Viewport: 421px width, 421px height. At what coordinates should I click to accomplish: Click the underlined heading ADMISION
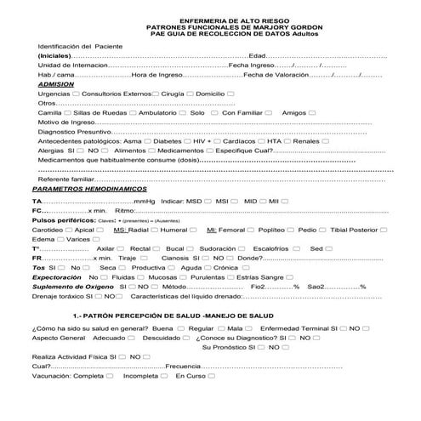[x=57, y=83]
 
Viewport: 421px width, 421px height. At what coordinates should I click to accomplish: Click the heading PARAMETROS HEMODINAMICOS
[x=81, y=189]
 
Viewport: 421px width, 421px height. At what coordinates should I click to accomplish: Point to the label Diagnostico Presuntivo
[x=75, y=132]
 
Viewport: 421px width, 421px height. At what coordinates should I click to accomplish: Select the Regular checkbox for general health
[x=219, y=328]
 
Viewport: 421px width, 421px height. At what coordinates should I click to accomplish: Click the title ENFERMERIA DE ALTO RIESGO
[x=210, y=19]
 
